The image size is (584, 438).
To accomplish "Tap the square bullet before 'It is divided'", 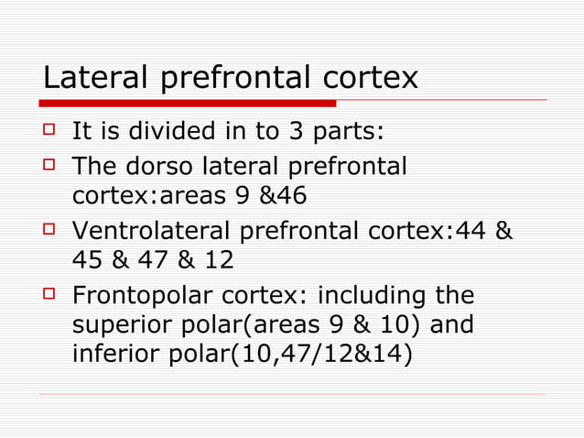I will coord(51,133).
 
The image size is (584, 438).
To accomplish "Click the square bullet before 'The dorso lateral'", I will coord(51,167).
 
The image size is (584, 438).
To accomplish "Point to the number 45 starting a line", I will coord(89,260).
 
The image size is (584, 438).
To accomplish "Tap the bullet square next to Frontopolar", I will coord(51,295).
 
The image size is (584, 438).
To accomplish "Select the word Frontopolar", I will coord(148,297).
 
